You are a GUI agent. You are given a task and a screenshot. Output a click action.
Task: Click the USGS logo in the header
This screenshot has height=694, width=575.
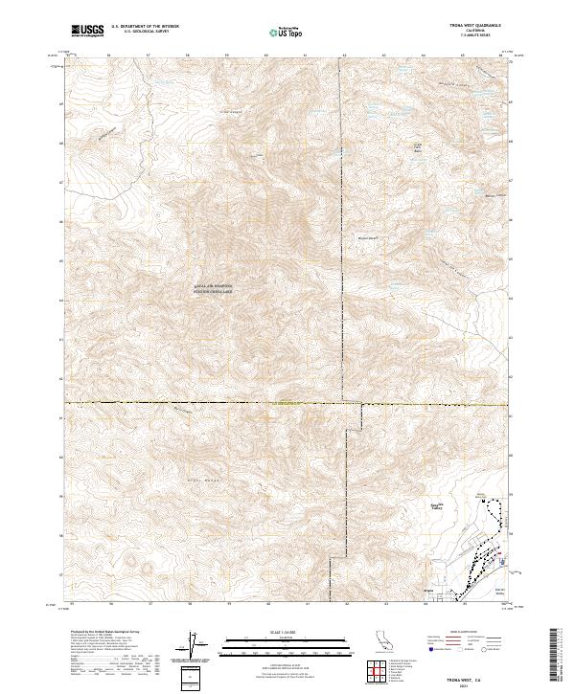(x=87, y=31)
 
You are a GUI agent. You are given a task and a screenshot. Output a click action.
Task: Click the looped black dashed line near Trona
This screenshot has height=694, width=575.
(x=495, y=522)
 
